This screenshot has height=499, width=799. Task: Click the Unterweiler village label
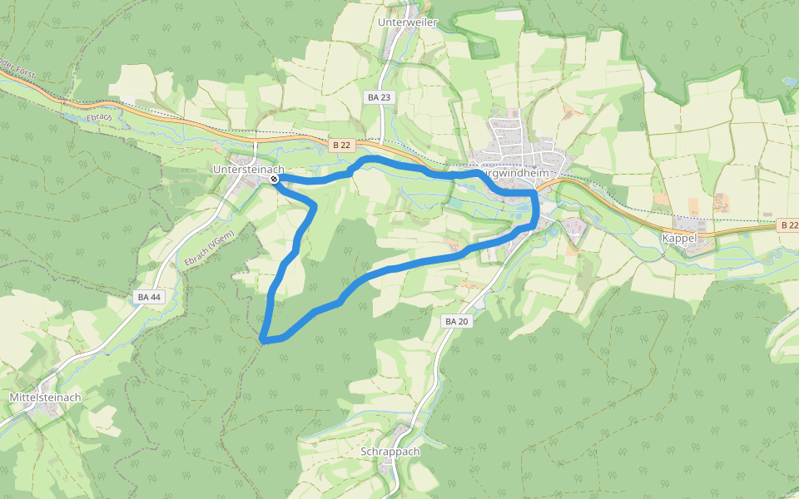point(407,22)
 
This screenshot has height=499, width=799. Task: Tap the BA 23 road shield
point(379,97)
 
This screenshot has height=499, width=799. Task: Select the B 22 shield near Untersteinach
point(341,145)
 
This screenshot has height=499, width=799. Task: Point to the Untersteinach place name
point(248,170)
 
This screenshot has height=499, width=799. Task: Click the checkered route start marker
point(274,179)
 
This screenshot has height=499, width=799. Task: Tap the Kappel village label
point(679,238)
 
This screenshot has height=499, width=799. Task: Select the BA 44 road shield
point(149,296)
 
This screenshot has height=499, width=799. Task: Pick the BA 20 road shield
point(458,321)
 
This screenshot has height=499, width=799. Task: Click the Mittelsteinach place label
point(45,398)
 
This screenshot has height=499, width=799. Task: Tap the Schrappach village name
point(390,452)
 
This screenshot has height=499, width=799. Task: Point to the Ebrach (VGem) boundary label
point(208,249)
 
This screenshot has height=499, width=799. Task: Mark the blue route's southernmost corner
point(263,338)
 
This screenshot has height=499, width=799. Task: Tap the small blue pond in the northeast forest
point(788,82)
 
